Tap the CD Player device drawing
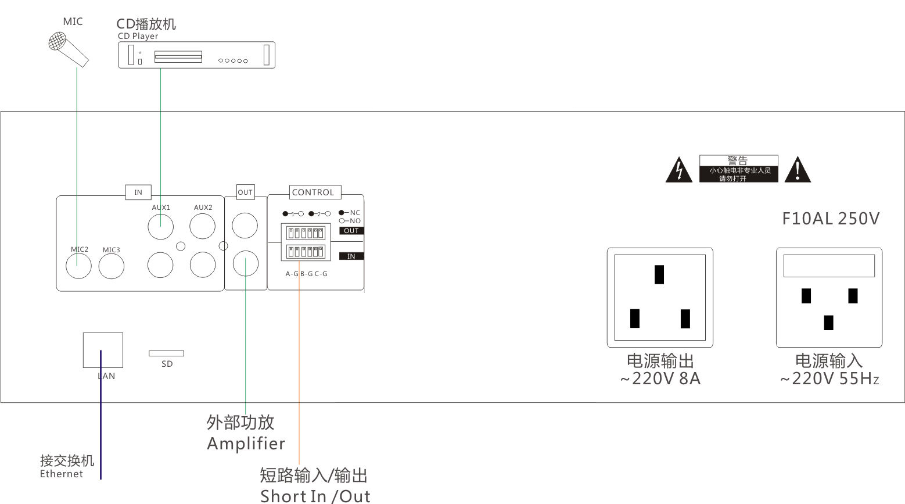point(196,56)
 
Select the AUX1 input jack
point(160,227)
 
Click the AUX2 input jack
point(202,227)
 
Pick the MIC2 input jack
point(78,267)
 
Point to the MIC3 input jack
point(111,267)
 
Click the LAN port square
point(103,350)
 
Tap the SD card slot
point(166,353)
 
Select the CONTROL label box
point(313,192)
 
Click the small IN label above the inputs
point(138,192)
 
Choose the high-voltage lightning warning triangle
point(678,170)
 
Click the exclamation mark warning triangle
point(798,169)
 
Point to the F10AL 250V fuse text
point(830,219)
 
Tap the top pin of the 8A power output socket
point(659,274)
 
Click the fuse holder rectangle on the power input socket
point(829,266)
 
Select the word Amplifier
point(246,444)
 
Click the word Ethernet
point(62,474)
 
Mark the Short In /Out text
point(315,496)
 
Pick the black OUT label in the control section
point(351,231)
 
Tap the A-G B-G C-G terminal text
point(306,274)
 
